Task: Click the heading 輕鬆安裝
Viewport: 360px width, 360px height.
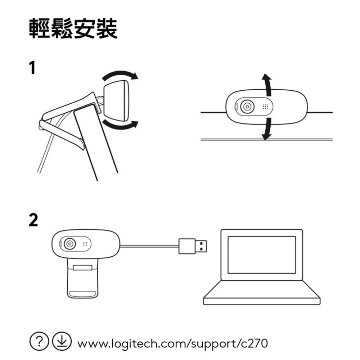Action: click(x=73, y=28)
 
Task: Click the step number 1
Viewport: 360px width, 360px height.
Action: click(x=33, y=68)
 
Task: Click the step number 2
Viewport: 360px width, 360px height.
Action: click(x=33, y=220)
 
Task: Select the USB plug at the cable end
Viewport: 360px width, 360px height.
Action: click(x=194, y=246)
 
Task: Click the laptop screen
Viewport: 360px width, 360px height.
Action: click(x=262, y=255)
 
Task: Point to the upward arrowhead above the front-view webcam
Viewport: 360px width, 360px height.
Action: click(x=266, y=78)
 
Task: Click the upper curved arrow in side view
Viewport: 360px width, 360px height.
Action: click(x=121, y=75)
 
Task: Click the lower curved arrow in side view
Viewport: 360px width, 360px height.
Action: click(x=121, y=125)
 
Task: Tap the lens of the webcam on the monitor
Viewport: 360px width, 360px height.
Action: click(x=247, y=107)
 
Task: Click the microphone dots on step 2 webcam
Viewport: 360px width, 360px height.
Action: click(x=85, y=244)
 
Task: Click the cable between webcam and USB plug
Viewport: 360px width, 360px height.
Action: click(x=149, y=246)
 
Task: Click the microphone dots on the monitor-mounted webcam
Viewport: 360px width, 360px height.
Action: click(x=265, y=107)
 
